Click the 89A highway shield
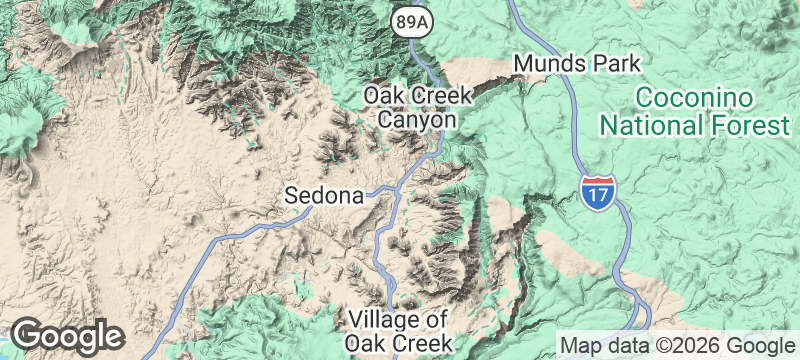[x=410, y=21]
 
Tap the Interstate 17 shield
[x=596, y=190]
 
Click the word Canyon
[x=417, y=120]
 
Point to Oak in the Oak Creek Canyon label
[x=382, y=95]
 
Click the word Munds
[x=545, y=64]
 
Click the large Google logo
[x=67, y=336]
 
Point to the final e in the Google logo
[x=112, y=338]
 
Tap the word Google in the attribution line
[x=750, y=346]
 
